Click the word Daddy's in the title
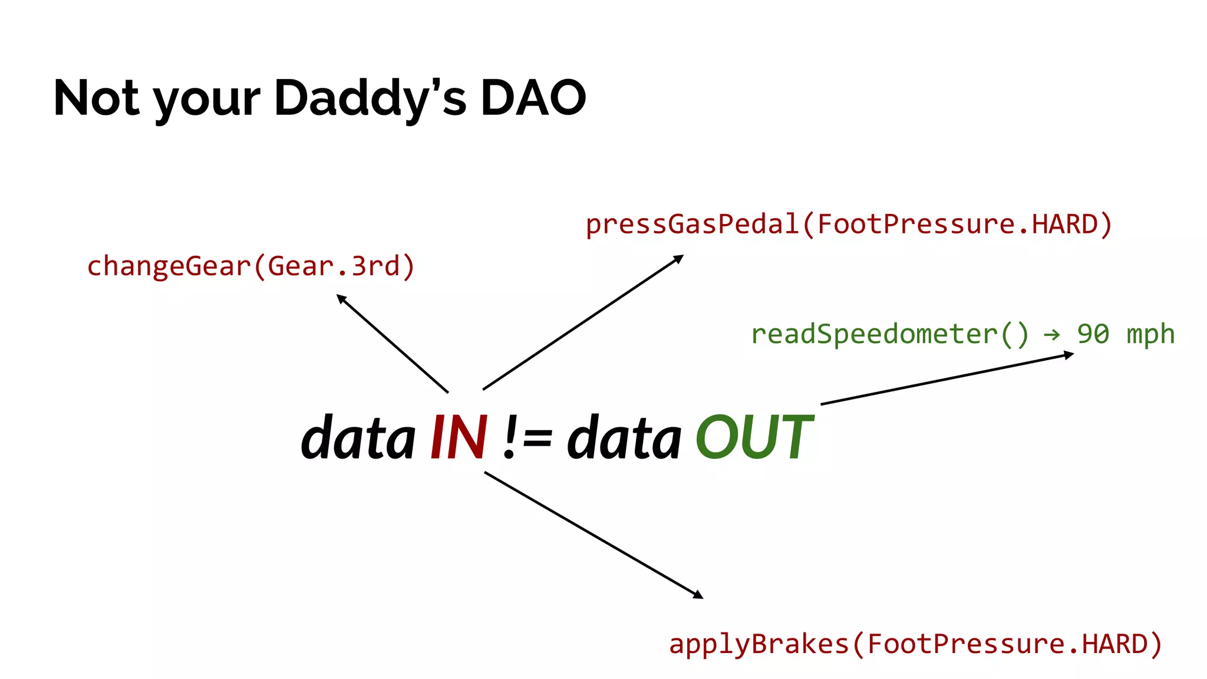point(370,98)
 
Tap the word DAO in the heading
point(533,98)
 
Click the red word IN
point(459,437)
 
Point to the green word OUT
point(754,437)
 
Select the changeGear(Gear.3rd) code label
point(251,266)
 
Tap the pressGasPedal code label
point(849,225)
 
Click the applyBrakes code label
point(915,644)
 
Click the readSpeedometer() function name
point(889,334)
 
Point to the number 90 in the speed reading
point(1093,334)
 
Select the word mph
point(1150,334)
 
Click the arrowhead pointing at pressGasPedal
point(680,258)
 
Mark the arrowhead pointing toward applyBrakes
point(699,595)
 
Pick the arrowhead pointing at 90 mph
point(1069,355)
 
